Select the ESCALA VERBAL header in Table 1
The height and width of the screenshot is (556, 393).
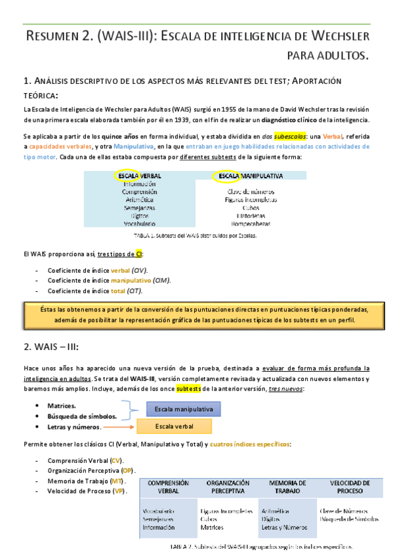(x=139, y=176)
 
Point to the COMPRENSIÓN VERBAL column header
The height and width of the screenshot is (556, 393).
(x=169, y=486)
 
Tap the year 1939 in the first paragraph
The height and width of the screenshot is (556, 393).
(x=172, y=120)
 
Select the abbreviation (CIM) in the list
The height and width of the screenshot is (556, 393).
(x=159, y=280)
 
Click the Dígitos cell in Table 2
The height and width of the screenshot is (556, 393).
(x=271, y=518)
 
